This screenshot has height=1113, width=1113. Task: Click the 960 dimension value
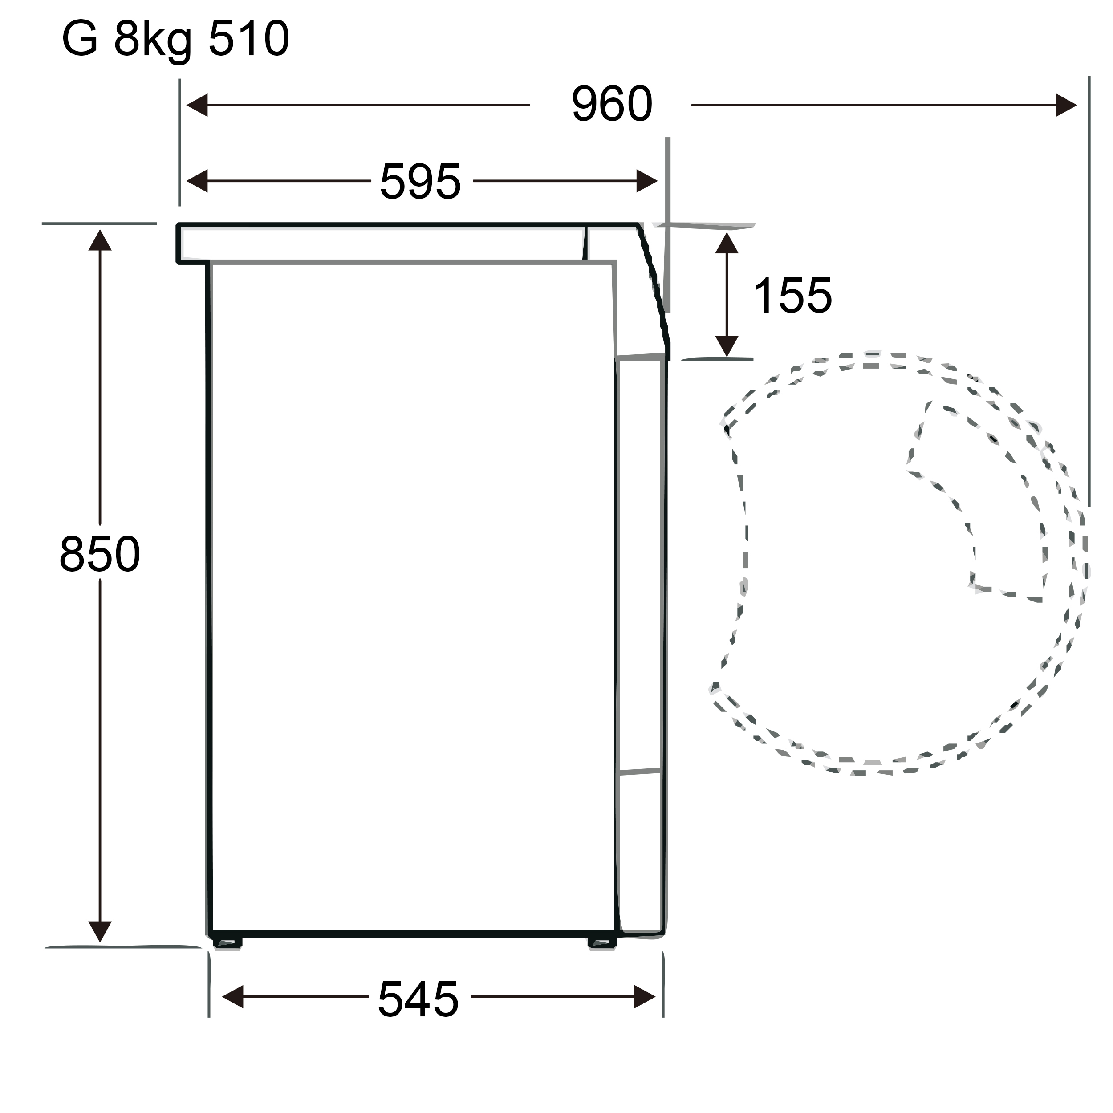[612, 104]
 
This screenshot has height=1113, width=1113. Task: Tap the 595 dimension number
[421, 182]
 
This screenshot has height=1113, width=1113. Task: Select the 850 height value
[100, 554]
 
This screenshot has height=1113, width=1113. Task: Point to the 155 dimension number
[793, 296]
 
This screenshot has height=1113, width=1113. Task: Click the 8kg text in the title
[153, 41]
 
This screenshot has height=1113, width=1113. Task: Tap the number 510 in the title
[249, 39]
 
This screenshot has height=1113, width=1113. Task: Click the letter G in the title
[80, 39]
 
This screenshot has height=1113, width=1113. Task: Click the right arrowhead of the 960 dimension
[1066, 105]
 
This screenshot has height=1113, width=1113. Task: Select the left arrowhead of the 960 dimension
[197, 105]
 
